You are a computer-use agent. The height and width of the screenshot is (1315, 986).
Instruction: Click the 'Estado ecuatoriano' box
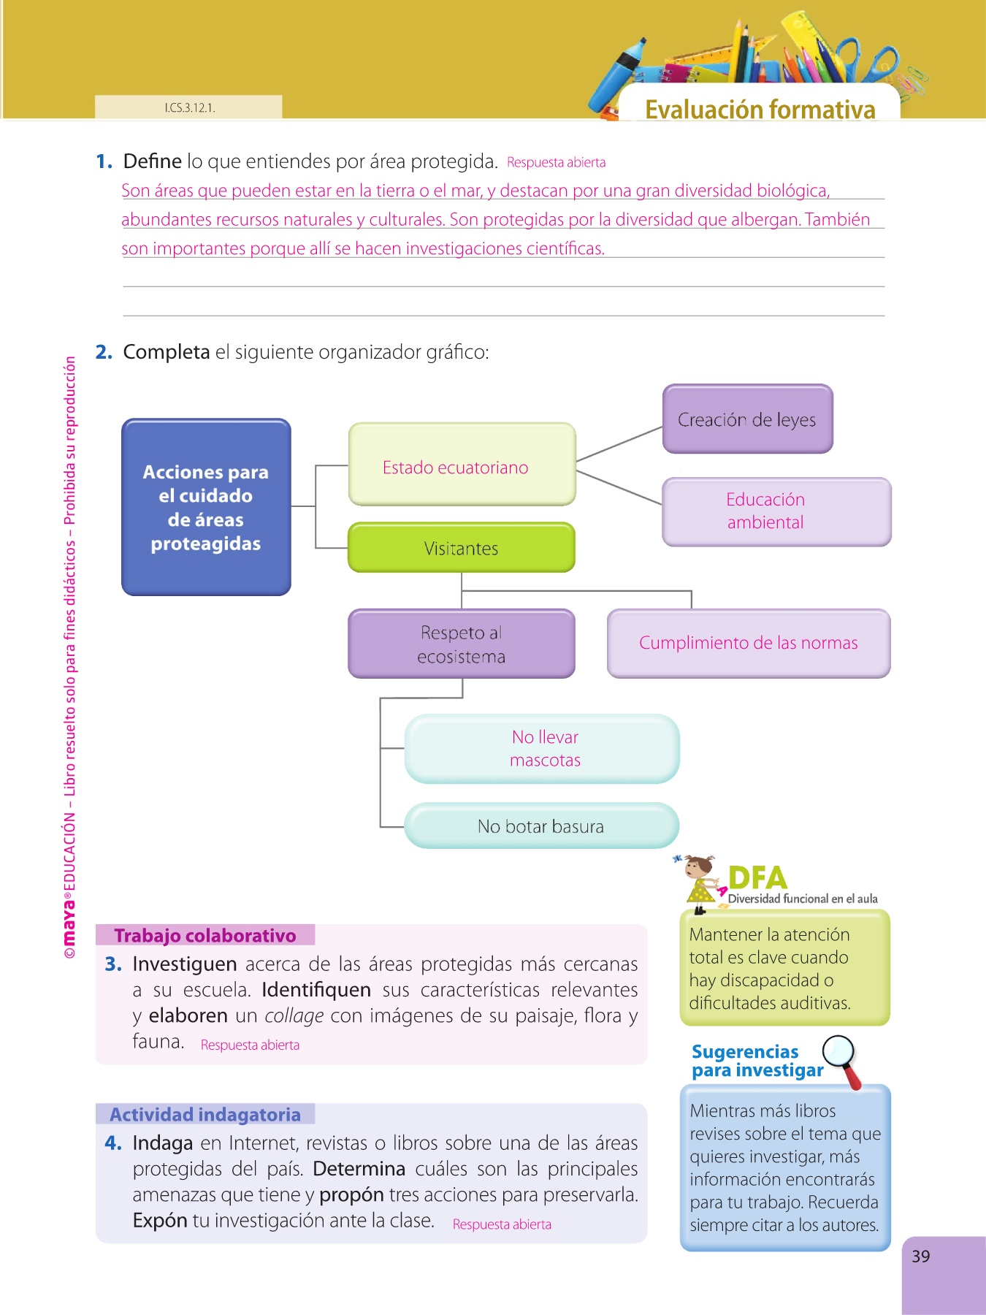point(462,465)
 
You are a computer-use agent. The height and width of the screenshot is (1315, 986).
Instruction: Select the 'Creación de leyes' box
point(747,419)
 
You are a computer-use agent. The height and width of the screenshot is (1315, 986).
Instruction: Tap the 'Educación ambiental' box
point(776,511)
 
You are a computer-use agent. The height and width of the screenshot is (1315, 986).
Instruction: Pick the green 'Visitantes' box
point(462,548)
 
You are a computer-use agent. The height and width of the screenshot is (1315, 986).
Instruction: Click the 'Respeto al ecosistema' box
point(462,644)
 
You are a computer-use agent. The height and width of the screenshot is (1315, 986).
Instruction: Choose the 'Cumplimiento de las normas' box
point(749,643)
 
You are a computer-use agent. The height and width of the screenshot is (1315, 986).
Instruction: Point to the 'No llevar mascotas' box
point(542,748)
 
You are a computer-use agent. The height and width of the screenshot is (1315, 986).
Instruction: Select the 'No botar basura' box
point(541,826)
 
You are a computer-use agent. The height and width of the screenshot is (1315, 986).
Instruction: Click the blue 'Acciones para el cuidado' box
point(206,507)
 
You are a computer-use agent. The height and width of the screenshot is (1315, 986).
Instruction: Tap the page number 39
point(921,1257)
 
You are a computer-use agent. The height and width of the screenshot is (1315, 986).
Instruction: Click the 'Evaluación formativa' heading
point(760,110)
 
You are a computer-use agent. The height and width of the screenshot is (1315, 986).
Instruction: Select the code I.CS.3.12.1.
point(189,108)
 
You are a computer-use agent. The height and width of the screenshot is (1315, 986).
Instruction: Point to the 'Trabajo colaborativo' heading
point(205,936)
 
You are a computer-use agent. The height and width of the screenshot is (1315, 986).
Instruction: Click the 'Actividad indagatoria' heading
point(205,1114)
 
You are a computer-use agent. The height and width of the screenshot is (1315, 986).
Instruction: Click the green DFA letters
point(757,877)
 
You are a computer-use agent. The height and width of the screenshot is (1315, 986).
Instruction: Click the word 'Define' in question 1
point(152,161)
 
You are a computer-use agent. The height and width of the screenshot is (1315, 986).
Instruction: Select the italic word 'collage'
point(294,1016)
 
